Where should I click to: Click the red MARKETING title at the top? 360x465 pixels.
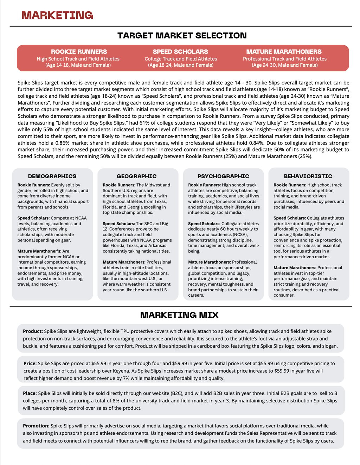coord(57,15)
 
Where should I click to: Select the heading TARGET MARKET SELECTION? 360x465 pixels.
coord(182,35)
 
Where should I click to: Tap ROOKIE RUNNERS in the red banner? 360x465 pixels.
coord(79,52)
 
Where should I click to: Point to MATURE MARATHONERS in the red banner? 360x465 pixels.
coord(284,52)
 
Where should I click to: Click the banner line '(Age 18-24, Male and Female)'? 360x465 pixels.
coord(181,65)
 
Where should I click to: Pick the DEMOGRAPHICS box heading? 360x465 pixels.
coord(52,176)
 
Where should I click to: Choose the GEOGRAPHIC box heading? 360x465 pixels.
coord(136,176)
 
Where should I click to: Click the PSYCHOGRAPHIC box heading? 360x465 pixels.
coord(223,176)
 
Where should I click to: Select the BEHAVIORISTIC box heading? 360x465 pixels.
coord(308,176)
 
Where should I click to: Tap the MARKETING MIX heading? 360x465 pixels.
coord(179,315)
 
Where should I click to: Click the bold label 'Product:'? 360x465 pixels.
coord(33,331)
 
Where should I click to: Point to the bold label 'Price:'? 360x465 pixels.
coord(30,363)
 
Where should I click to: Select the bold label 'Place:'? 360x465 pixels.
coord(30,393)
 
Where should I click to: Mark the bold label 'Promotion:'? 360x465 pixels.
coord(36,426)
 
